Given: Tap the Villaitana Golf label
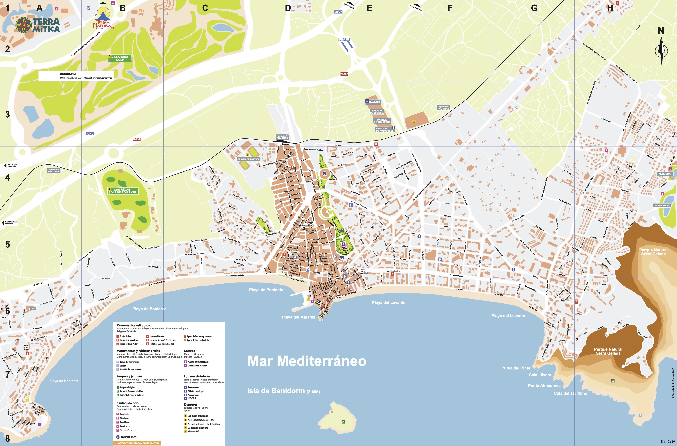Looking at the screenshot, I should (x=119, y=58).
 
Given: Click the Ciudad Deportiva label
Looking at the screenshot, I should (x=248, y=159).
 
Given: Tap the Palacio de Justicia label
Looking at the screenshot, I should (x=377, y=112).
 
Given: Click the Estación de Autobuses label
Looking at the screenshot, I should (x=385, y=129).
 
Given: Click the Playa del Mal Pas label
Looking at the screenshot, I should (x=298, y=317).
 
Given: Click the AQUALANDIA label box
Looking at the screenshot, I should (x=662, y=205).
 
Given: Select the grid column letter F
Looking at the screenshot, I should (x=450, y=8).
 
